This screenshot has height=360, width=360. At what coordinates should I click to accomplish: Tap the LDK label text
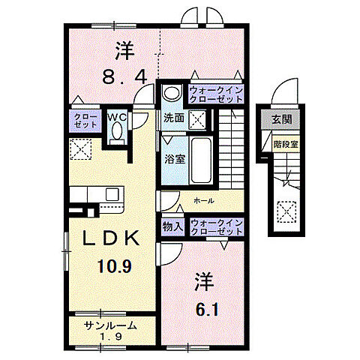[x=109, y=238]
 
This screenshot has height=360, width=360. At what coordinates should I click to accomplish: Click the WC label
[x=117, y=117]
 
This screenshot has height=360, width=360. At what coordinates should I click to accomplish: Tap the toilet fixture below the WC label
[x=117, y=133]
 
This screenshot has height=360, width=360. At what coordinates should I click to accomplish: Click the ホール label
[x=202, y=201]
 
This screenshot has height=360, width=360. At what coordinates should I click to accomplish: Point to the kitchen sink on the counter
[x=112, y=193]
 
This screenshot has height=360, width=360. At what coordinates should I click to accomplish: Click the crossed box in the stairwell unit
[x=286, y=214]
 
